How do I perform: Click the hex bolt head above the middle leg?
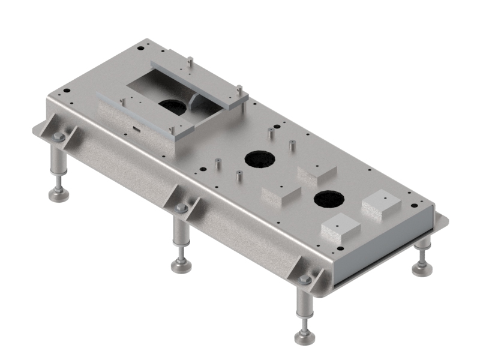click(x=181, y=208)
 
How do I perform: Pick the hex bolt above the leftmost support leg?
click(x=58, y=138)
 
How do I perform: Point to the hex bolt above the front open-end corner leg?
click(x=305, y=280)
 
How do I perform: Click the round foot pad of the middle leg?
click(x=180, y=265)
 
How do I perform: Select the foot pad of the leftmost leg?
click(x=58, y=194)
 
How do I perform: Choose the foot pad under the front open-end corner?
click(x=305, y=337)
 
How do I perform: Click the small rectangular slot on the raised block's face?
click(x=136, y=127)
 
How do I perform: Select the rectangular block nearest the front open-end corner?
click(x=340, y=229)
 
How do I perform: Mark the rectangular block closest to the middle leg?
click(x=280, y=194)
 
